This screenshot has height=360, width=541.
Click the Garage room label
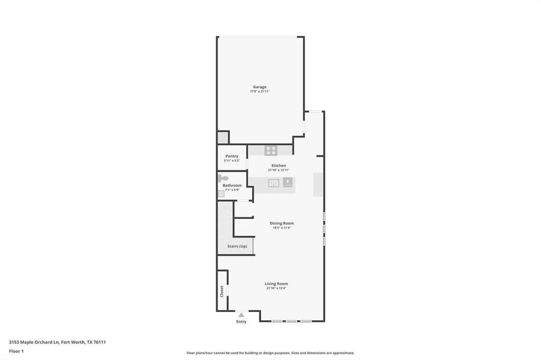point(259,87)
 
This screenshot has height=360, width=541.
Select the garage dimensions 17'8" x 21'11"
point(259,92)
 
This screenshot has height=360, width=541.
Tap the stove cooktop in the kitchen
point(271,151)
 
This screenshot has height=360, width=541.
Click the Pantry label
point(232,156)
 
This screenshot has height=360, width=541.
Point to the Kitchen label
point(279,165)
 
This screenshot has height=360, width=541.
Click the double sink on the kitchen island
point(273,183)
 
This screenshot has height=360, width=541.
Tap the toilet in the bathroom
point(223,178)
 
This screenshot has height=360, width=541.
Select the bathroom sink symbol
point(220,194)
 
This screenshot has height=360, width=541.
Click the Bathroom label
point(232,185)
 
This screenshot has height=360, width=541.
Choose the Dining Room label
point(282,223)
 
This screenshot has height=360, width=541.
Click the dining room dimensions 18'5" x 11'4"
point(282,228)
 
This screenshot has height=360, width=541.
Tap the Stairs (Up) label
point(237,246)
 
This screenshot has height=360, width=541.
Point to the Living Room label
point(276,283)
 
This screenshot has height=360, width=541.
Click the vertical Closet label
point(222,291)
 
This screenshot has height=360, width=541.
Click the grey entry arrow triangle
point(241,314)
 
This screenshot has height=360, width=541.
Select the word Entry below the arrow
point(241,322)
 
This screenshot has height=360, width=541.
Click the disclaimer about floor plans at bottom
point(270,353)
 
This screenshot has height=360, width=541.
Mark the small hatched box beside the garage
point(223,137)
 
